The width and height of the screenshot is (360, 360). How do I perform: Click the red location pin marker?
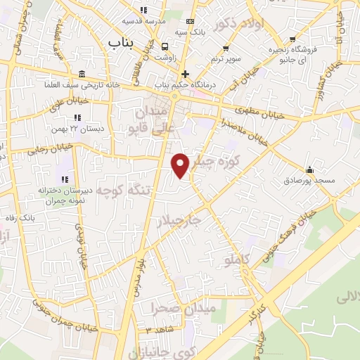[181, 164]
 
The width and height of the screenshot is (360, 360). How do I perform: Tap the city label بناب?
[120, 44]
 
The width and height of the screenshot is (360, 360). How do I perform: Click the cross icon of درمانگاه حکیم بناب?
[185, 74]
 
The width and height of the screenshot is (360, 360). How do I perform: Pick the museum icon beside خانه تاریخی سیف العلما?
[82, 75]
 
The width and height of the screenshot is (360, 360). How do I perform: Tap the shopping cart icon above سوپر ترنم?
[226, 49]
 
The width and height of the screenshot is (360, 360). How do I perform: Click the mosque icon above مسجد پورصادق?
[309, 169]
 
